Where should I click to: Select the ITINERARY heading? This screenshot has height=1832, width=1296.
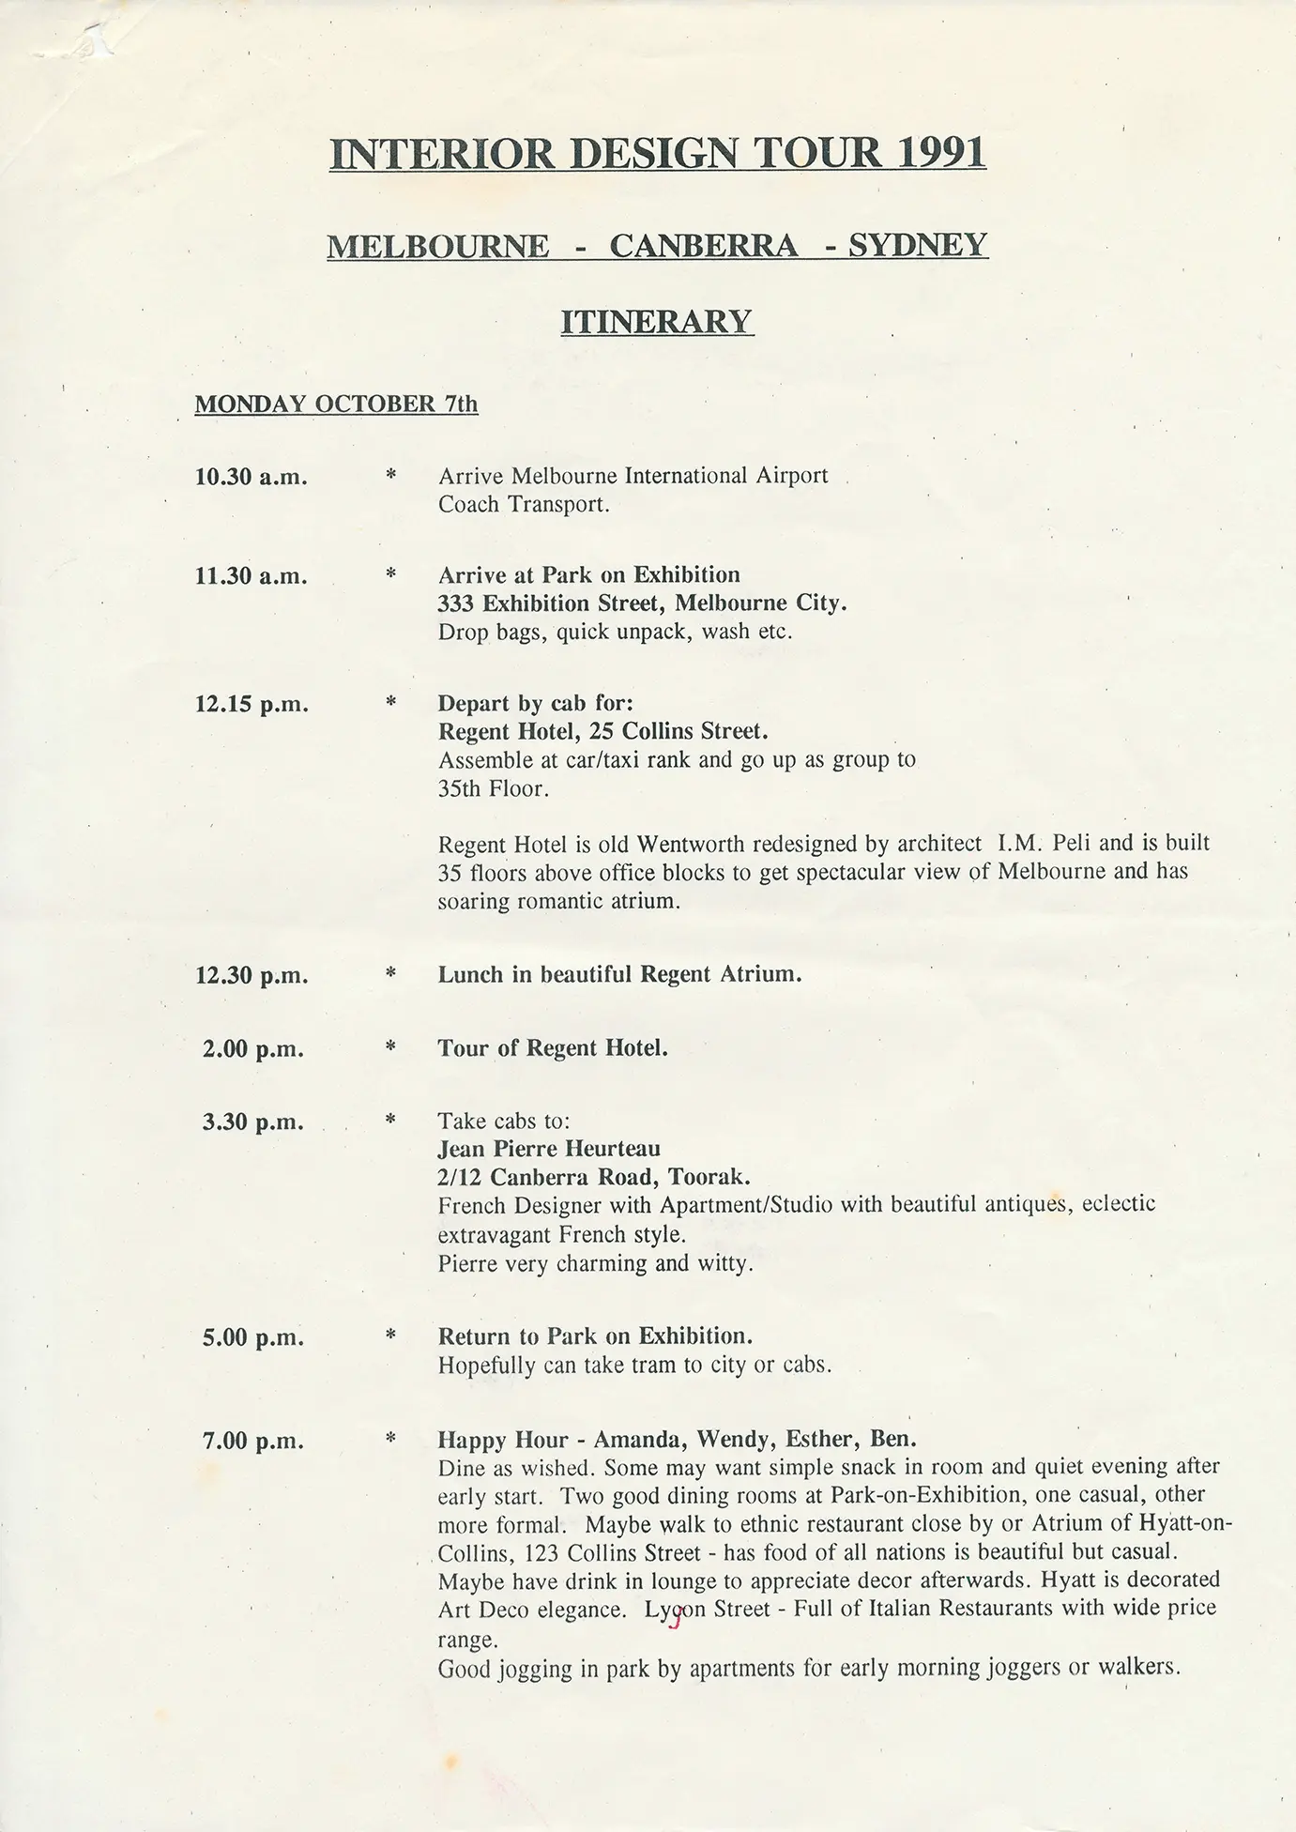657,322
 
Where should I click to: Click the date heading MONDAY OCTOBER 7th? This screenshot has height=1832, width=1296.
336,405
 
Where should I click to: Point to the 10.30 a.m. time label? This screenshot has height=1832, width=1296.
251,477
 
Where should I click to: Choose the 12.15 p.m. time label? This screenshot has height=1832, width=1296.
251,705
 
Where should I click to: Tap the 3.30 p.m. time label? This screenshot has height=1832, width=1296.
252,1122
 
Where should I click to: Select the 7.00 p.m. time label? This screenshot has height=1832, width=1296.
252,1441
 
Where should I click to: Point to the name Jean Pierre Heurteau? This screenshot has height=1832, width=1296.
549,1149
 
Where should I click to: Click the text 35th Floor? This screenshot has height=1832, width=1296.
491,788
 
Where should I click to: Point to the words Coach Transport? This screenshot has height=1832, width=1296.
524,505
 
